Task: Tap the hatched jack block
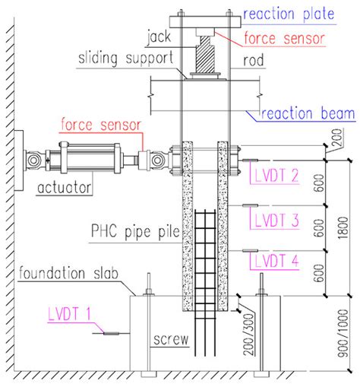(204, 55)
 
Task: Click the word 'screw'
(171, 340)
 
